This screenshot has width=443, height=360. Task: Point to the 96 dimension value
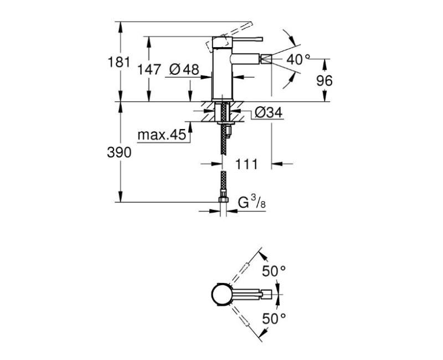(x=324, y=80)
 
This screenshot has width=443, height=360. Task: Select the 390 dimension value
(x=119, y=153)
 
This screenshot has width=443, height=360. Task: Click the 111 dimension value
(x=248, y=164)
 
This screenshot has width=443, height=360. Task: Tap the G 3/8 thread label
(x=253, y=203)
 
